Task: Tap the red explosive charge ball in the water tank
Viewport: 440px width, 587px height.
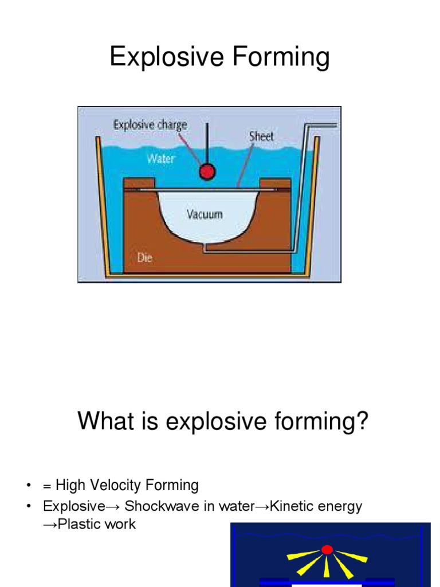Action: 206,171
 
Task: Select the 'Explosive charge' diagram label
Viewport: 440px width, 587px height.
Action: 150,124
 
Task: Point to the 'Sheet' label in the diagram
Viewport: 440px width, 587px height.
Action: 261,136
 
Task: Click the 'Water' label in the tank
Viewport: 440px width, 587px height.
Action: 160,158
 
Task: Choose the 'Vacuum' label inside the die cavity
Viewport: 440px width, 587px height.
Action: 205,215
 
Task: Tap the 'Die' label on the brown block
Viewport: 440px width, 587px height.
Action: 145,257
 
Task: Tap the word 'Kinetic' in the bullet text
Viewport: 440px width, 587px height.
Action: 292,506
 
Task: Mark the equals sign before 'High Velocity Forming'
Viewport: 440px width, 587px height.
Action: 47,486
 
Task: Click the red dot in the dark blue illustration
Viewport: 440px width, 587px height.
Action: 327,550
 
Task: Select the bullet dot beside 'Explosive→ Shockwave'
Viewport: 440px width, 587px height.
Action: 28,507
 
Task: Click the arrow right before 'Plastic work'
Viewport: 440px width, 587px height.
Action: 48,524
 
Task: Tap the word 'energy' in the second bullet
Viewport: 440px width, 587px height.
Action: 340,507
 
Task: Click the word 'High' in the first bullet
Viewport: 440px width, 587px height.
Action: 70,486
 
